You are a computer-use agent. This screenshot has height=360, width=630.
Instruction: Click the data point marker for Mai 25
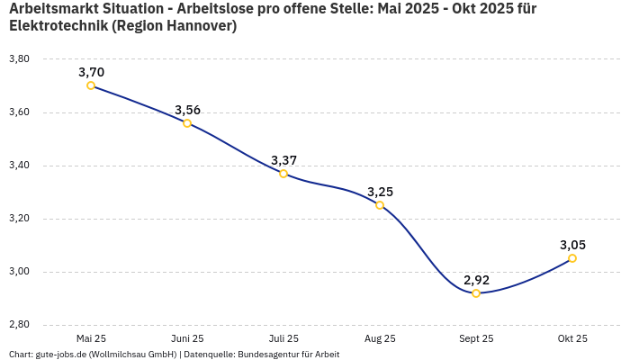pyautogui.click(x=91, y=85)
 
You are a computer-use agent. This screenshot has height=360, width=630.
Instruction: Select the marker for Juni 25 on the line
pyautogui.click(x=187, y=123)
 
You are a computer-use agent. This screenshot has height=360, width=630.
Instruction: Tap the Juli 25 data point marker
pyautogui.click(x=283, y=174)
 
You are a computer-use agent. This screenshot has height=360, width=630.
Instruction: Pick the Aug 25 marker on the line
pyautogui.click(x=380, y=205)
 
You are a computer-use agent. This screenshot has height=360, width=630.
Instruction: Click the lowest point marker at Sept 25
pyautogui.click(x=476, y=293)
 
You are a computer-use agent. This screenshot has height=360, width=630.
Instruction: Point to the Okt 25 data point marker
pyautogui.click(x=572, y=258)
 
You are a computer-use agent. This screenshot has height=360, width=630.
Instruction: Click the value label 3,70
pyautogui.click(x=91, y=72)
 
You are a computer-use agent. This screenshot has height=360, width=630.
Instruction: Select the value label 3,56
pyautogui.click(x=187, y=110)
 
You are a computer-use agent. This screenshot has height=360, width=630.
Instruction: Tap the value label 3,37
pyautogui.click(x=283, y=160)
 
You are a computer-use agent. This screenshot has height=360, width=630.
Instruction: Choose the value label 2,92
pyautogui.click(x=476, y=280)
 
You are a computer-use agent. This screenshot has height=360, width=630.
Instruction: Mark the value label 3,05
pyautogui.click(x=572, y=245)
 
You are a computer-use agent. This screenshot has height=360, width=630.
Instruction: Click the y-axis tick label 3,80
pyautogui.click(x=19, y=59)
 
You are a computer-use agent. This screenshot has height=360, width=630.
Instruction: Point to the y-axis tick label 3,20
pyautogui.click(x=19, y=219)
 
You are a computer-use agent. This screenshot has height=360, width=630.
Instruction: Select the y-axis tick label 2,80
pyautogui.click(x=19, y=325)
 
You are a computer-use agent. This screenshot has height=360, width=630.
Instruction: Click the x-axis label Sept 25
pyautogui.click(x=476, y=338)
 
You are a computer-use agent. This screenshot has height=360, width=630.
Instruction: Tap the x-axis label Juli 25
pyautogui.click(x=283, y=338)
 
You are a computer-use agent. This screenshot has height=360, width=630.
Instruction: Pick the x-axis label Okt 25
pyautogui.click(x=572, y=338)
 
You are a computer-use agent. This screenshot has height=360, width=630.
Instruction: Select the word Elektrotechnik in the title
pyautogui.click(x=59, y=26)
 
